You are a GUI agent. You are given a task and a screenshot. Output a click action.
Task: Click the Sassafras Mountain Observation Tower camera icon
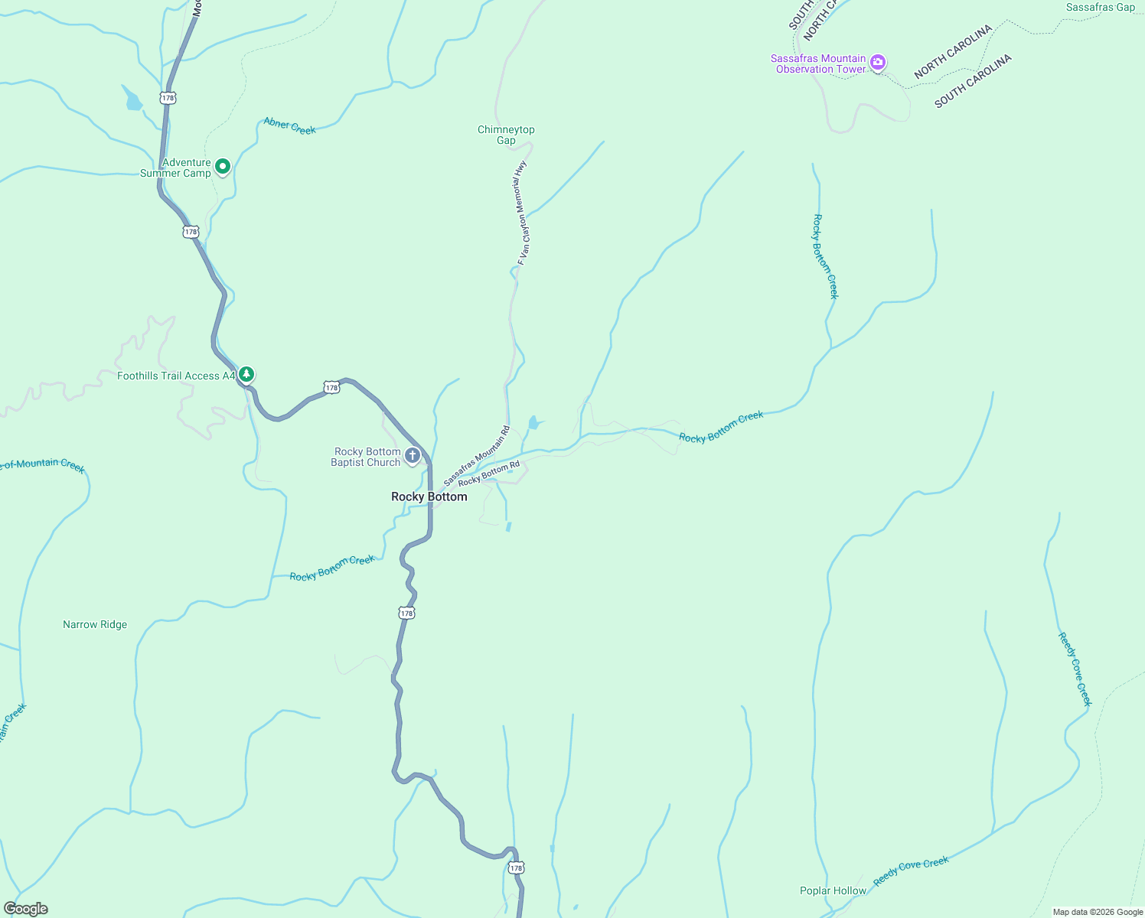click(x=878, y=63)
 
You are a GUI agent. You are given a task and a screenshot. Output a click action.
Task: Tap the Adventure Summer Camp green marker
click(x=223, y=166)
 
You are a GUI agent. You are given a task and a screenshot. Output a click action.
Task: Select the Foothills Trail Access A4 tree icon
click(x=246, y=374)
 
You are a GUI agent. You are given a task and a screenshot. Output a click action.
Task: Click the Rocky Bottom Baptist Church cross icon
click(x=413, y=457)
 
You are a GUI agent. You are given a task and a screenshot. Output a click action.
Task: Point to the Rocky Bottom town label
click(x=429, y=496)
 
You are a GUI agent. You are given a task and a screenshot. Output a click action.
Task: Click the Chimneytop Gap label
click(x=506, y=135)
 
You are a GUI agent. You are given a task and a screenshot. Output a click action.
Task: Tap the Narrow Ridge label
click(x=95, y=624)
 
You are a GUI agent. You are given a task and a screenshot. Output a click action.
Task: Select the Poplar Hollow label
click(x=833, y=890)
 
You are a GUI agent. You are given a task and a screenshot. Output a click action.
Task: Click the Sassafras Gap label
click(x=1100, y=7)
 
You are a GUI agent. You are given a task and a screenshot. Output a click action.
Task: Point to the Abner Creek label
click(x=289, y=125)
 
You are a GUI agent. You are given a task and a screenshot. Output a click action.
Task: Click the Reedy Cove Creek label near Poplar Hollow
click(x=911, y=871)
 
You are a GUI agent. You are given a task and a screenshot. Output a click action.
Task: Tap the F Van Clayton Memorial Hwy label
click(x=522, y=213)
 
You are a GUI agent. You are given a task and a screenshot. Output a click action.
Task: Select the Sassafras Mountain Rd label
click(x=476, y=456)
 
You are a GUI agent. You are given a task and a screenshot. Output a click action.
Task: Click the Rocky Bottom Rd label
click(x=488, y=474)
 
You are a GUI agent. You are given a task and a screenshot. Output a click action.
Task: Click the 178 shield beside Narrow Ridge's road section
click(x=406, y=613)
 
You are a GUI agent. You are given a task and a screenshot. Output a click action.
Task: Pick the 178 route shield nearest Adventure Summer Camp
click(x=191, y=231)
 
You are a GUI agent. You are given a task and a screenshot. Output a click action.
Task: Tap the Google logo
click(x=25, y=909)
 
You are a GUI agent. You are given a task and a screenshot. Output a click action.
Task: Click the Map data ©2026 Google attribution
click(x=1097, y=912)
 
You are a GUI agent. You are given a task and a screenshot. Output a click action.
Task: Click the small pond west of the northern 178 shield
click(x=132, y=99)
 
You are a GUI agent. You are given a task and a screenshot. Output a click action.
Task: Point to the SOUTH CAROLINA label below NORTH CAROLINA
click(x=973, y=81)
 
